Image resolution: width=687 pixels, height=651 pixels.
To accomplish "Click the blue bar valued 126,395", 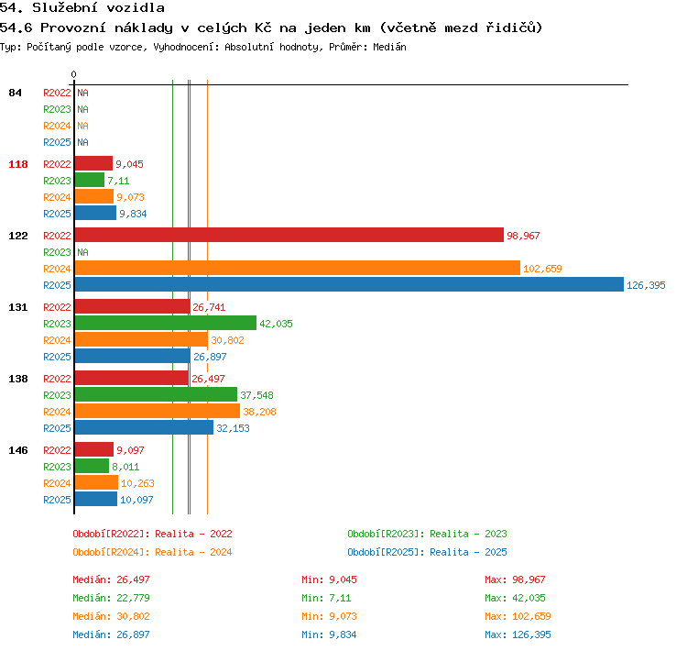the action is point(349,284).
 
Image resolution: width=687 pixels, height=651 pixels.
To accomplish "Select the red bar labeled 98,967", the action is point(289,235).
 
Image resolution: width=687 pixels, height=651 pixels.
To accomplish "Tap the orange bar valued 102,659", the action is point(298,268).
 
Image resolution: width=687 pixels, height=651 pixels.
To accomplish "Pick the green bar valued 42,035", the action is point(166,323).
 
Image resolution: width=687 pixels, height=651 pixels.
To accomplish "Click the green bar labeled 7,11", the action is point(90,180).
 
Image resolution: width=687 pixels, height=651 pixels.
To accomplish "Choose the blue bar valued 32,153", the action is point(144,427).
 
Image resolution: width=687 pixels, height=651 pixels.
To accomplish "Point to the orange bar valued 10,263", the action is point(96,482).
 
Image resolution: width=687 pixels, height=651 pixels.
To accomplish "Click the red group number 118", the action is point(18,164).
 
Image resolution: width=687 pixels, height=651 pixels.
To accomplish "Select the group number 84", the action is point(15,93).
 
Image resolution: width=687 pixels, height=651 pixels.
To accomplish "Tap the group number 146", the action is point(18,450).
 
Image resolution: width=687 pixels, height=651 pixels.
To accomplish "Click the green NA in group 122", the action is point(82,252).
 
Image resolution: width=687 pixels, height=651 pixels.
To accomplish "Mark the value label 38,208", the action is point(259,412).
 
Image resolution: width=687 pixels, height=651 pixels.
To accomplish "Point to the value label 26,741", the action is point(209,307).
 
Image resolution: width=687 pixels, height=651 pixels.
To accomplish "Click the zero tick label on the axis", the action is point(73,74).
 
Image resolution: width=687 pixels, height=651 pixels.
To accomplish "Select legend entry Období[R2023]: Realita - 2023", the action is point(427,534).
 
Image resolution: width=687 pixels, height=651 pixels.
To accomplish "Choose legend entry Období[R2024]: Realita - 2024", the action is point(152,552).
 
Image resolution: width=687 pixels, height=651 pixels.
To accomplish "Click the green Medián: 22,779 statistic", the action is point(111,598).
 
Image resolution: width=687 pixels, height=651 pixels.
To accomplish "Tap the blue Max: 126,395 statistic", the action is point(518,634).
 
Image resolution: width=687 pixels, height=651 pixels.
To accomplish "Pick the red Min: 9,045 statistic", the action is point(329,579).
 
